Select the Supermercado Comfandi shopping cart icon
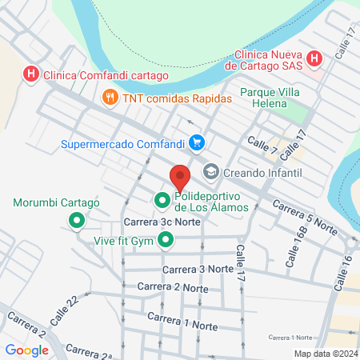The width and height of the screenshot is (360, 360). (x=196, y=143)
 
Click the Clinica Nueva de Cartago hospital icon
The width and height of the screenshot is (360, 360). (x=314, y=59)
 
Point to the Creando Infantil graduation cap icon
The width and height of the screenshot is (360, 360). (x=211, y=172)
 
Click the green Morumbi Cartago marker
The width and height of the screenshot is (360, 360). (x=77, y=220)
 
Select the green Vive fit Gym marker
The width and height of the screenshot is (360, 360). (x=166, y=239)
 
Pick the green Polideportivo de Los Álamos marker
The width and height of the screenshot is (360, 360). (x=161, y=200)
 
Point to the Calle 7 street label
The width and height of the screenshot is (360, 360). (x=262, y=146)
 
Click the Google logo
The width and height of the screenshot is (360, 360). (x=26, y=350)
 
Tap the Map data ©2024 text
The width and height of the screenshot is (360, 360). (x=325, y=354)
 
